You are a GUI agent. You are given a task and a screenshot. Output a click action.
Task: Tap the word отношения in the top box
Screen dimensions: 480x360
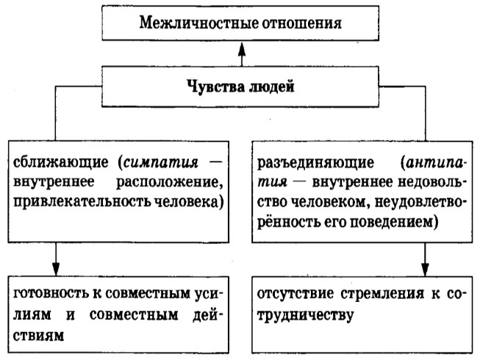(298, 24)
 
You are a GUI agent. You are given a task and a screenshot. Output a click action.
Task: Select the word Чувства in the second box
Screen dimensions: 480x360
(215, 86)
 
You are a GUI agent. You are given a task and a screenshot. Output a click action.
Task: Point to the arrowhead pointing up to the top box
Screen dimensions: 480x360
(242, 50)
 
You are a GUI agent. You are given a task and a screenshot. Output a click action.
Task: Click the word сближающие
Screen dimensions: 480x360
(60, 162)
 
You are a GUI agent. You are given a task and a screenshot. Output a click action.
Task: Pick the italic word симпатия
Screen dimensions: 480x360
(161, 162)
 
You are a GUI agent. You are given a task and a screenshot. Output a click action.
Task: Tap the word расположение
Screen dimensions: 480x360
(170, 183)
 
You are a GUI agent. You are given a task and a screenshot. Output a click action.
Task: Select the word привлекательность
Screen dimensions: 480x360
(82, 202)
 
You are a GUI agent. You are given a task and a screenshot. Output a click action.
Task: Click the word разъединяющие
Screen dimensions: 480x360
(315, 162)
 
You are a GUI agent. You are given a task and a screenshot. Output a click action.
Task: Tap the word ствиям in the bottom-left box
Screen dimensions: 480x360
(38, 336)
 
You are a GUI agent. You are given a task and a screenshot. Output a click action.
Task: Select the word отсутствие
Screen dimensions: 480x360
(295, 294)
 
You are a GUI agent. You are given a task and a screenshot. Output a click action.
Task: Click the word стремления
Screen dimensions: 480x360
(382, 294)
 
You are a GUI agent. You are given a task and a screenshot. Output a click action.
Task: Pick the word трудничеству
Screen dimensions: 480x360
(305, 315)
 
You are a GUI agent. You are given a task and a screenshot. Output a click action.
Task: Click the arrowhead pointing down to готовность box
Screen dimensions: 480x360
(56, 269)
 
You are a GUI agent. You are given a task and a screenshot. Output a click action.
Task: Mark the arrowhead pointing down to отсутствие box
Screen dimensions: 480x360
(425, 269)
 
